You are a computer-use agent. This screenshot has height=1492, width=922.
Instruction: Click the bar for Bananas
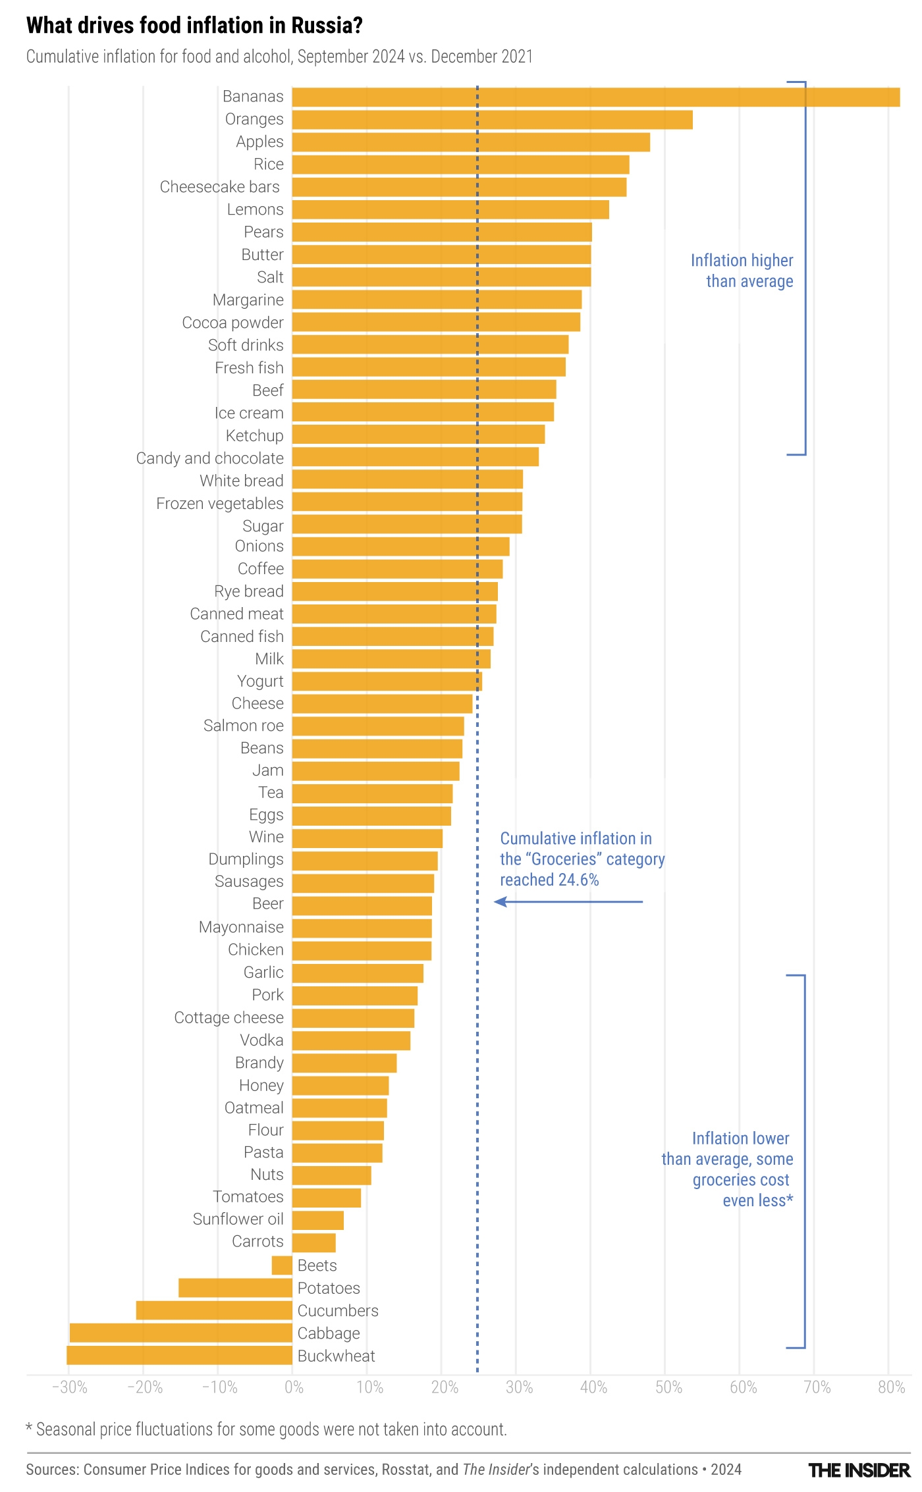pyautogui.click(x=595, y=97)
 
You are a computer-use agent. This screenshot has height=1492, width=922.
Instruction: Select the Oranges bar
pyautogui.click(x=492, y=120)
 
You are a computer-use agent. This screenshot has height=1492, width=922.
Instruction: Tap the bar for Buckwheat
pyautogui.click(x=179, y=1355)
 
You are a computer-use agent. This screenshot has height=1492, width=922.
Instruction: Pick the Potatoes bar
pyautogui.click(x=235, y=1287)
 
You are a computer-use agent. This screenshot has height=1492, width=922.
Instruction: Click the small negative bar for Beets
pyautogui.click(x=282, y=1265)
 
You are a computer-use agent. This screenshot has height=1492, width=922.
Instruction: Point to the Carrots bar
pyautogui.click(x=313, y=1242)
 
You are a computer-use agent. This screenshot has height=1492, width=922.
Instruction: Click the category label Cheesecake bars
pyautogui.click(x=220, y=187)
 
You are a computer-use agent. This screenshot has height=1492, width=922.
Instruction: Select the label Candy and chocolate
pyautogui.click(x=209, y=458)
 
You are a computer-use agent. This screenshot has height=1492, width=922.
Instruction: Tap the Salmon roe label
pyautogui.click(x=243, y=726)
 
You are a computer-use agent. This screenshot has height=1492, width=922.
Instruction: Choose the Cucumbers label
pyautogui.click(x=338, y=1310)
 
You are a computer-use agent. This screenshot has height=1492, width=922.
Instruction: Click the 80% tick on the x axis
pyautogui.click(x=891, y=1387)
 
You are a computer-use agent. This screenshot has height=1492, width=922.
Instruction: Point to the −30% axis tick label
pyautogui.click(x=69, y=1387)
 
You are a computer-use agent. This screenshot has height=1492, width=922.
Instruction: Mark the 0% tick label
pyautogui.click(x=294, y=1387)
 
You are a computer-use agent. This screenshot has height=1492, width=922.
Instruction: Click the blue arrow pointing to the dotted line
pyautogui.click(x=568, y=901)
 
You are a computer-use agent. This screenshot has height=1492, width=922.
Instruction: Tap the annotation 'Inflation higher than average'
pyautogui.click(x=742, y=271)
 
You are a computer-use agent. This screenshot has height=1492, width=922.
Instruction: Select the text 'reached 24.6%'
pyautogui.click(x=549, y=880)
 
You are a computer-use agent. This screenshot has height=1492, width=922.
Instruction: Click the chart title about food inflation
pyautogui.click(x=194, y=26)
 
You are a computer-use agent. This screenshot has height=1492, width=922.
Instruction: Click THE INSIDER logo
pyautogui.click(x=859, y=1470)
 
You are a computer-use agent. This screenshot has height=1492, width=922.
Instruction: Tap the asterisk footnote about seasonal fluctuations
pyautogui.click(x=266, y=1429)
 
